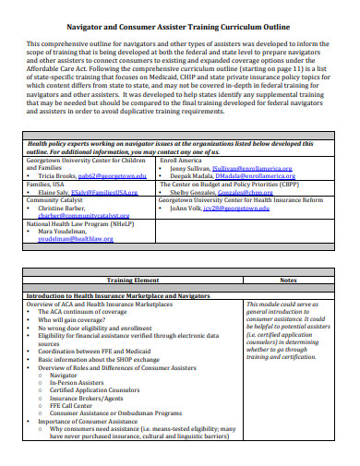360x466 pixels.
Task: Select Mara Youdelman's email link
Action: click(x=76, y=238)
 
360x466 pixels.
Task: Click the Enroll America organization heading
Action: click(x=181, y=161)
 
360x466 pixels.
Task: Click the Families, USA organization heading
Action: click(x=45, y=184)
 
